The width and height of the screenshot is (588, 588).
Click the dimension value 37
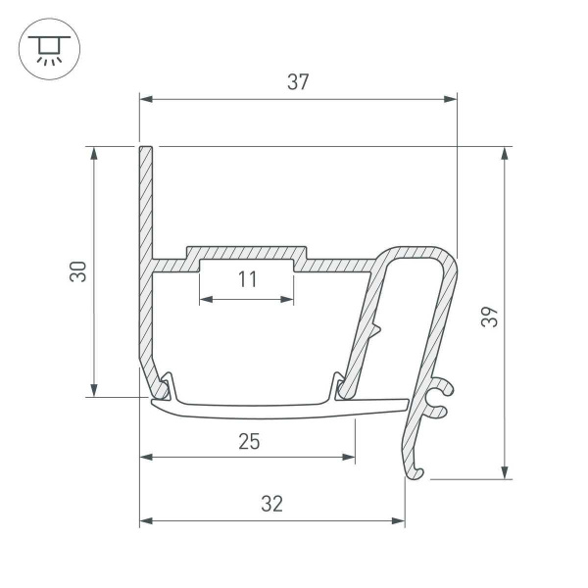coord(298,82)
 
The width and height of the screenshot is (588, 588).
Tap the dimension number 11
coord(247,279)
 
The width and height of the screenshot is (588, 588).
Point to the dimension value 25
coord(248,441)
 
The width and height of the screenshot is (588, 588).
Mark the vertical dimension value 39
coord(491,316)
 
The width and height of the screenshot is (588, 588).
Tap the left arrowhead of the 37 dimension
coord(146,98)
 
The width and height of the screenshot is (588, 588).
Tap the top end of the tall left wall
coord(146,151)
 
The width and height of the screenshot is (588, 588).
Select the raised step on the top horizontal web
coord(247,253)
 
